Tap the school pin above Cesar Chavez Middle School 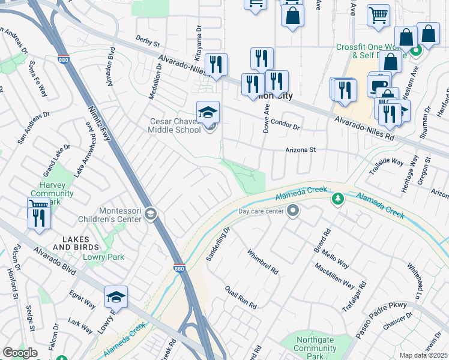(x=208, y=112)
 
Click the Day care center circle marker (x=293, y=211)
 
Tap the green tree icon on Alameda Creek (x=337, y=198)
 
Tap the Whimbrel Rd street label (x=263, y=262)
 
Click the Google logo (x=20, y=352)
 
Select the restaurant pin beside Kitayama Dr (x=216, y=65)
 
